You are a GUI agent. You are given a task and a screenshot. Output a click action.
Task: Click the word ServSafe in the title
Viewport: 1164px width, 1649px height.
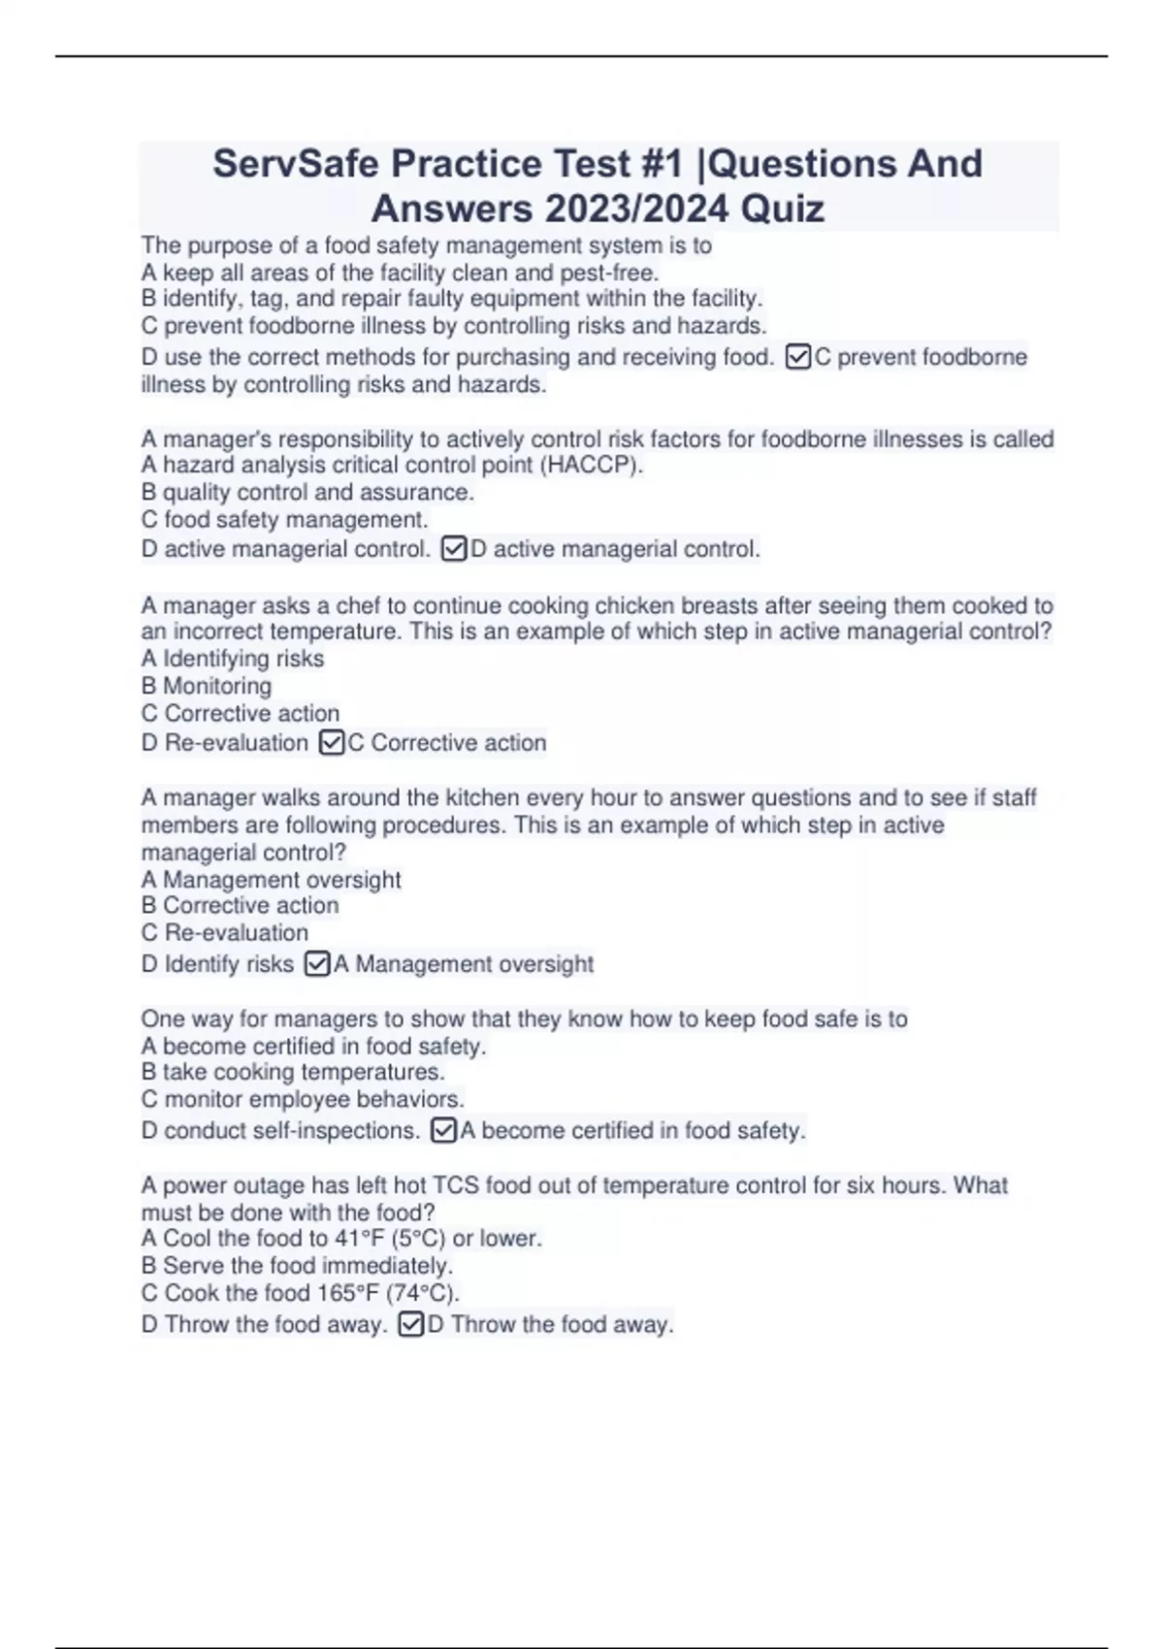click(295, 164)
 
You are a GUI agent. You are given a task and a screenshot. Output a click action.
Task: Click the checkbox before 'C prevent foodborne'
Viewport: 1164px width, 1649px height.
click(797, 357)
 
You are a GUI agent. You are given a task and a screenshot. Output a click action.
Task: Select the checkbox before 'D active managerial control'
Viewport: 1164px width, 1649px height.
click(453, 549)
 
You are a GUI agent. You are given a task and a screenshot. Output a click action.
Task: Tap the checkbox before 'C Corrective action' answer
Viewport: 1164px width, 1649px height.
click(331, 743)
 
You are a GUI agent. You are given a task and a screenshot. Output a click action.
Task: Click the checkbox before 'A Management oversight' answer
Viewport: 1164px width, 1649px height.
click(317, 964)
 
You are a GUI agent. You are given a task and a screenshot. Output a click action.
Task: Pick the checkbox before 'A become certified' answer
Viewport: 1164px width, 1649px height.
click(443, 1131)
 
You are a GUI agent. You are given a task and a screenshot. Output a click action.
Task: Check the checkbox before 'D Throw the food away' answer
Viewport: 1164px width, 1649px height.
click(410, 1325)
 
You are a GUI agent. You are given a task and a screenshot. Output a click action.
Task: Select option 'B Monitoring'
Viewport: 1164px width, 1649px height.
click(207, 687)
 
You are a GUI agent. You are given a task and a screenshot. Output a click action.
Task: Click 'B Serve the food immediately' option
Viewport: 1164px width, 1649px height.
click(297, 1266)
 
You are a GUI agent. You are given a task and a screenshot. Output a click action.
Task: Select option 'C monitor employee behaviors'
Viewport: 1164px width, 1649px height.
click(303, 1100)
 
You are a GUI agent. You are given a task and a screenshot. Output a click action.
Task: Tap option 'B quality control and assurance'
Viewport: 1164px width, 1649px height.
click(307, 493)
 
